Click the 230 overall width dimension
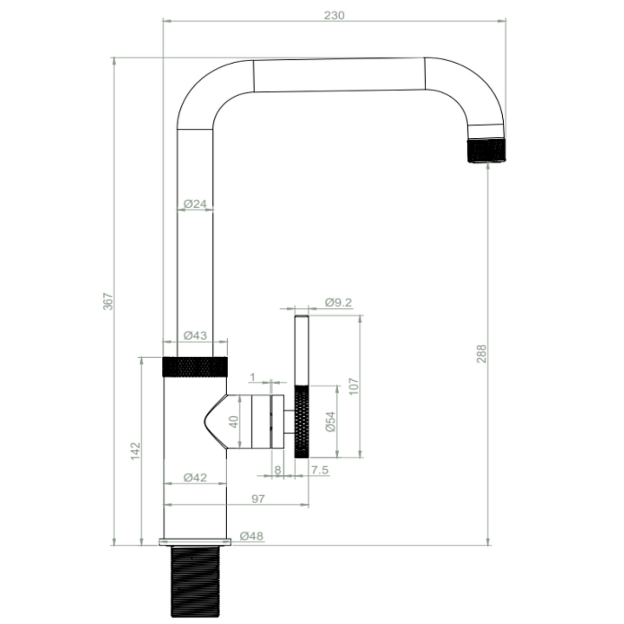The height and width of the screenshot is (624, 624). pyautogui.click(x=334, y=15)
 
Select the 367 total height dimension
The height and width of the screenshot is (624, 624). pyautogui.click(x=107, y=301)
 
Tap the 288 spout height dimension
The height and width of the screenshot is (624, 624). pyautogui.click(x=481, y=354)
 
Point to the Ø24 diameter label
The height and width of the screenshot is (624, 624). pyautogui.click(x=195, y=204)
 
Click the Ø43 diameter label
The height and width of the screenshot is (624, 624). pyautogui.click(x=195, y=336)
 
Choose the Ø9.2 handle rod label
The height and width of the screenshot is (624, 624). pyautogui.click(x=338, y=302)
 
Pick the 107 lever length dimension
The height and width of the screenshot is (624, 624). pyautogui.click(x=354, y=386)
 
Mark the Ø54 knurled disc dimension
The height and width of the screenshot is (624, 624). pyautogui.click(x=331, y=421)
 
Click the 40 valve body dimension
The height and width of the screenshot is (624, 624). pyautogui.click(x=234, y=422)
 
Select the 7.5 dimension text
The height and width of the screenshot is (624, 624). pyautogui.click(x=320, y=470)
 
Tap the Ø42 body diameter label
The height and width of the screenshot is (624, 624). pyautogui.click(x=195, y=478)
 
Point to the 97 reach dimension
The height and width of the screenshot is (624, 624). pyautogui.click(x=258, y=499)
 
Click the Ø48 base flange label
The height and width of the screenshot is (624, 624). pyautogui.click(x=251, y=536)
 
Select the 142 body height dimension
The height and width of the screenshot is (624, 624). pyautogui.click(x=135, y=451)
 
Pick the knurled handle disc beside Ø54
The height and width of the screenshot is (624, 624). pyautogui.click(x=302, y=421)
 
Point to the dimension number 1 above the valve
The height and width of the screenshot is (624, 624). pyautogui.click(x=252, y=378)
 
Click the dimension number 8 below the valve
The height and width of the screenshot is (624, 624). pyautogui.click(x=278, y=470)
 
